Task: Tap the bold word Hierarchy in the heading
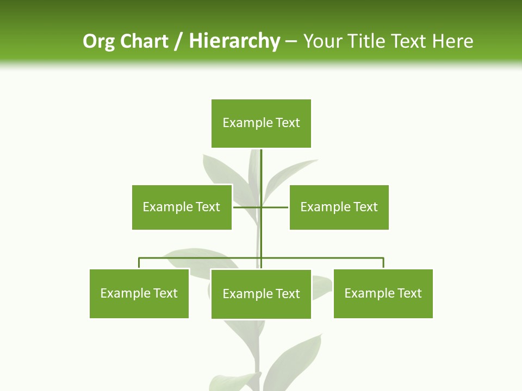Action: (x=234, y=41)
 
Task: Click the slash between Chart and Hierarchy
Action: (x=178, y=41)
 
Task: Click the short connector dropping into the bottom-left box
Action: (x=139, y=263)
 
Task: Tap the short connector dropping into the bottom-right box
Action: (x=383, y=263)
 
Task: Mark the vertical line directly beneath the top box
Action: (x=262, y=168)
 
